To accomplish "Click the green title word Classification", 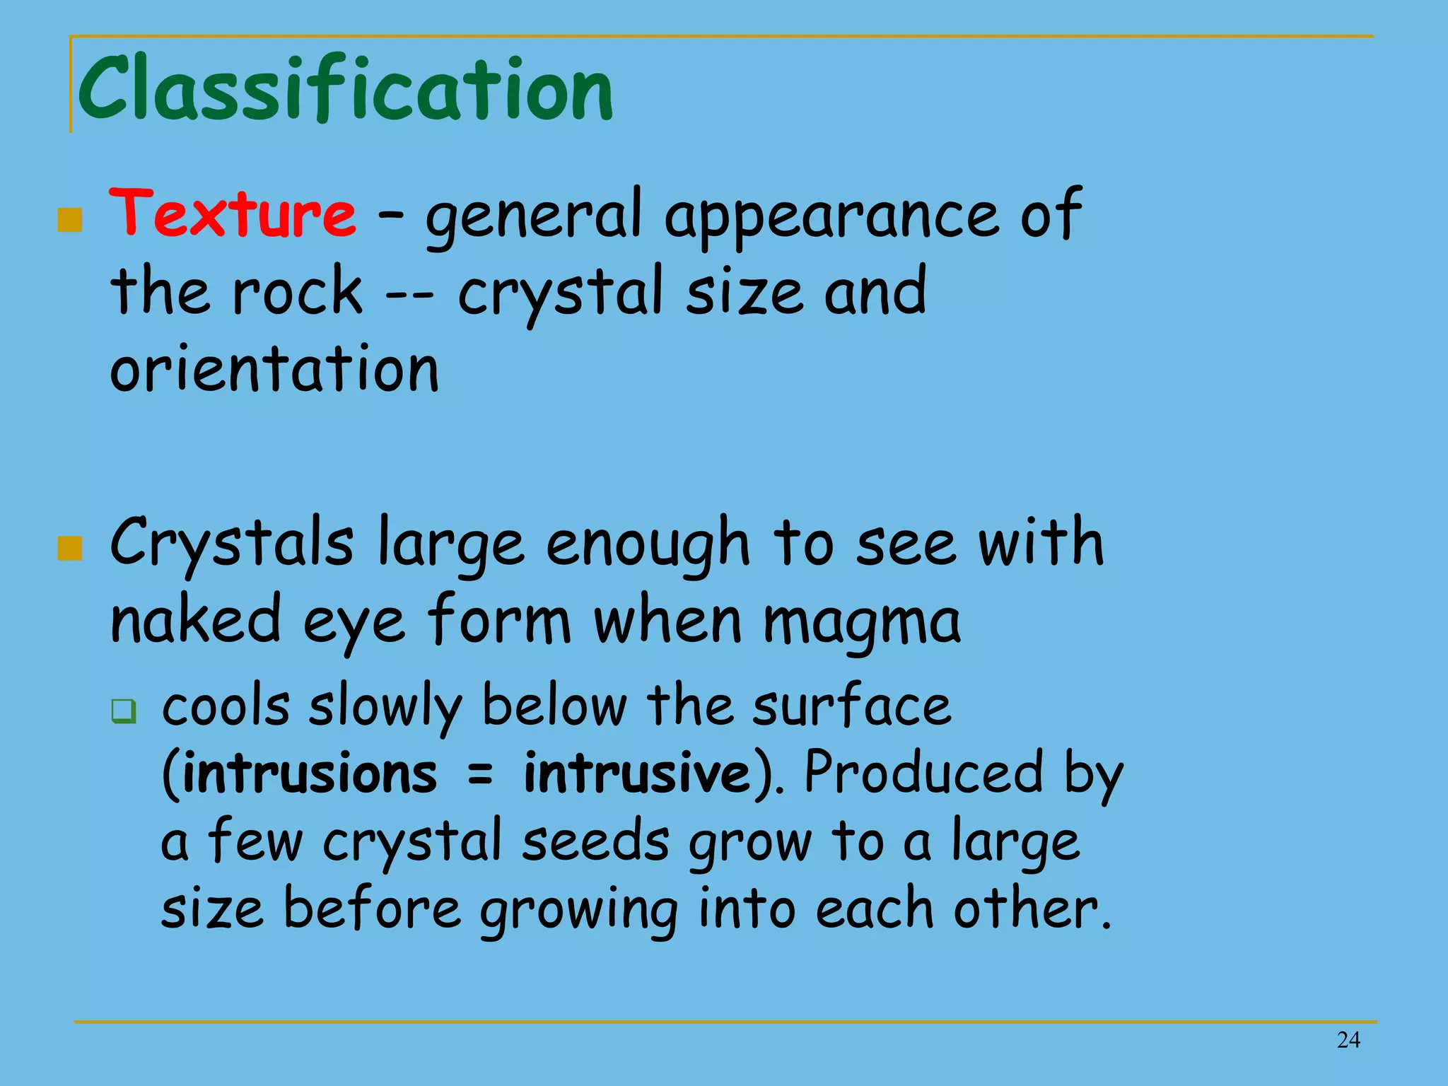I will tap(345, 89).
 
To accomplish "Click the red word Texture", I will tap(233, 212).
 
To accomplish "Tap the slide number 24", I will tap(1348, 1039).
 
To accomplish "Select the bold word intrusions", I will tap(310, 773).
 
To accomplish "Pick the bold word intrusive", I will tap(636, 773).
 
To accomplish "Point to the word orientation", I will tap(274, 369).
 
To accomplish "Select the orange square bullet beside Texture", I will tap(69, 220).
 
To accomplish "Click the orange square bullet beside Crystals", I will tap(69, 548).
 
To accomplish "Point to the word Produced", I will tap(923, 773).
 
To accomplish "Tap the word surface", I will tap(851, 706).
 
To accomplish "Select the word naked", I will tap(196, 619).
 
